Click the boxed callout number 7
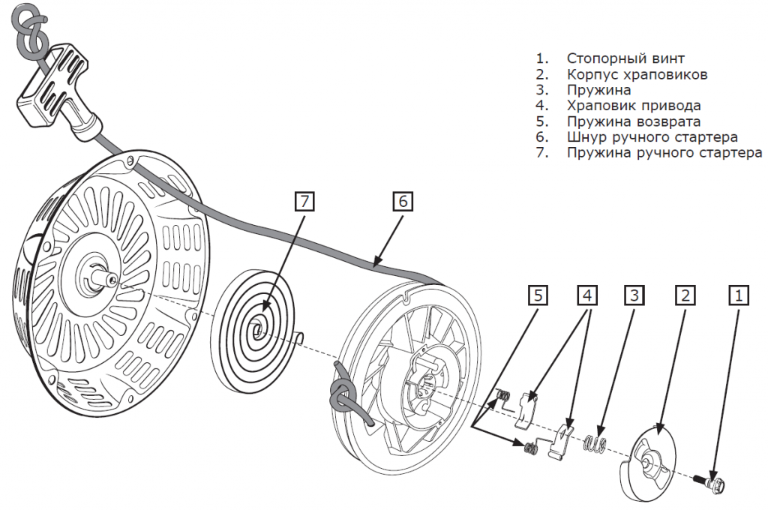coord(304,201)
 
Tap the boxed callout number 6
coord(403,201)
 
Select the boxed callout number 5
coord(538,295)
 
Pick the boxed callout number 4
coord(587,295)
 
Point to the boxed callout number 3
coord(634,295)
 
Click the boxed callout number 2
coord(685,295)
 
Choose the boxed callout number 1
coord(739,295)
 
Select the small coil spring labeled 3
coord(595,442)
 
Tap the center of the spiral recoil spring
coord(256,327)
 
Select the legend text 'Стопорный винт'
coord(625,58)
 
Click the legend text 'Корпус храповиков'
coord(637,74)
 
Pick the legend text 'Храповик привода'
coord(634,105)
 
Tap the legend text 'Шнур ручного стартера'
coord(652,136)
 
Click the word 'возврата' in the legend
coord(668,121)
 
